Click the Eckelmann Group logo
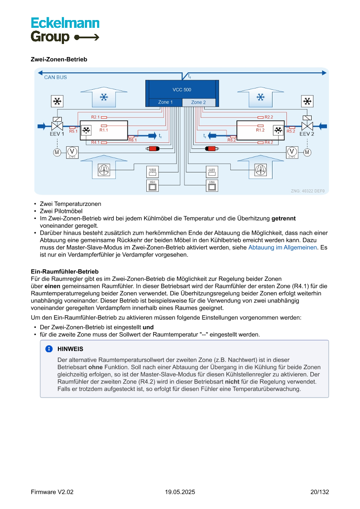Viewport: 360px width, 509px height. (x=65, y=30)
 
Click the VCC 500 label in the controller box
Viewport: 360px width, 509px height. (x=182, y=90)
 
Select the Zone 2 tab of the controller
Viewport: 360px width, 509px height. (x=199, y=102)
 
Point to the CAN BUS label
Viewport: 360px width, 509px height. (x=55, y=77)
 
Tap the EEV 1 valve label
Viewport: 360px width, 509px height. (x=57, y=134)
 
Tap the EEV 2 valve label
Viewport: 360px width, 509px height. (x=306, y=134)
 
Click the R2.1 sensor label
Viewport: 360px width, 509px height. (x=95, y=117)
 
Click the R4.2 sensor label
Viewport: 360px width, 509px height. (x=269, y=142)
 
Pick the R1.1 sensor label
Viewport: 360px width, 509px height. (x=104, y=130)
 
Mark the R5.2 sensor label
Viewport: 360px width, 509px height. (x=291, y=131)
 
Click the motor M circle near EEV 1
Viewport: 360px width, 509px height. (x=57, y=152)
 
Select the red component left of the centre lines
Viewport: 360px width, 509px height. (x=153, y=149)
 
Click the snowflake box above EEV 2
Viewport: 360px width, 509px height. (x=307, y=101)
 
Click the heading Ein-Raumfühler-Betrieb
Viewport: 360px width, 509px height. (x=65, y=272)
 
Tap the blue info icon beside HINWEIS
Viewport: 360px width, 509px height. (x=49, y=349)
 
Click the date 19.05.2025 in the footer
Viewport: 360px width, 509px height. (x=180, y=492)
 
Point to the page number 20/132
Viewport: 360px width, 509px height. (x=320, y=492)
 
